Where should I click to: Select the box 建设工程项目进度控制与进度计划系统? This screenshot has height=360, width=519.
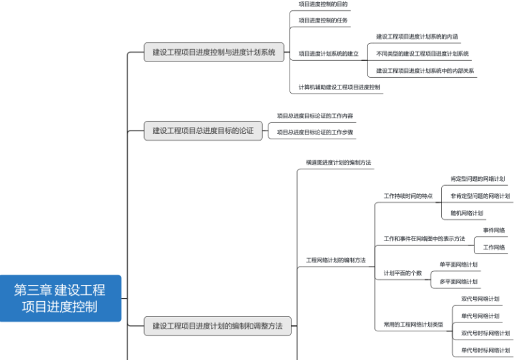pos(214,52)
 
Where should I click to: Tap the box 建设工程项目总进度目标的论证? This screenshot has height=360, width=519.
pos(203,130)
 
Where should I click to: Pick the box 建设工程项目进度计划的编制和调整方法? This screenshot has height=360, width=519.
pos(217,326)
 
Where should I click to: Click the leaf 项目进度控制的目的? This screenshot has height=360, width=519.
pos(323,4)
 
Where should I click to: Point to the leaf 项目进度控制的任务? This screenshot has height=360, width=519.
pos(323,20)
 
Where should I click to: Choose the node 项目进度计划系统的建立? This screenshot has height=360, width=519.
pos(328,53)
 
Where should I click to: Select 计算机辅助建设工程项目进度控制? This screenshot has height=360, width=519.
pos(339,87)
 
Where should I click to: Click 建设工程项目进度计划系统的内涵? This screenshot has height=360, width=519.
pos(417,36)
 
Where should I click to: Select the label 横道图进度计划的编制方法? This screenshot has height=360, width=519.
pos(339,162)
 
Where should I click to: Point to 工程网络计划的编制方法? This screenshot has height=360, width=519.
pos(336,260)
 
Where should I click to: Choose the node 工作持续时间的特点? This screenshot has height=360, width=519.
pos(408,196)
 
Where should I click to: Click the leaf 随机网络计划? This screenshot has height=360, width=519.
pos(467,213)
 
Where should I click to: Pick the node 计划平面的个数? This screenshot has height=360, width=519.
pos(403,273)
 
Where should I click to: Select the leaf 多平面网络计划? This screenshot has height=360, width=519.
pos(459,281)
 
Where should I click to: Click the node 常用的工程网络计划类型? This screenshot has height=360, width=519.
pos(414,324)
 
